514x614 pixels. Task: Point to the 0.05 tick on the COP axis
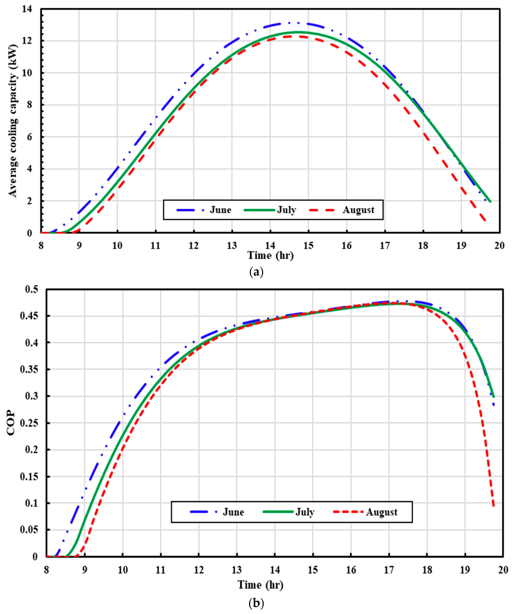[x=29, y=530]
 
